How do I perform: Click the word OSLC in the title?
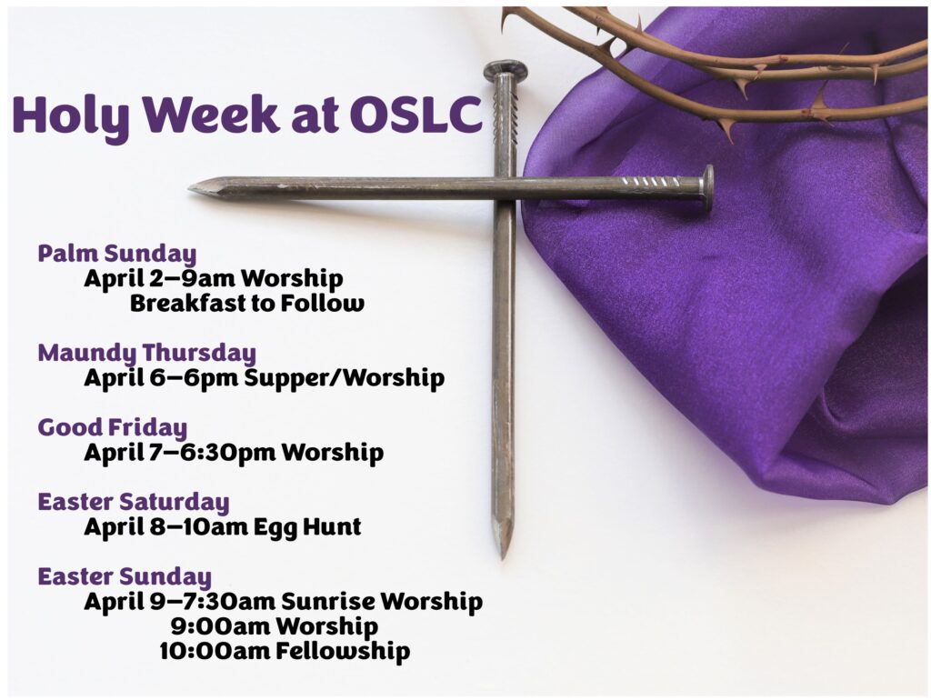click(415, 114)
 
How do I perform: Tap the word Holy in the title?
click(70, 116)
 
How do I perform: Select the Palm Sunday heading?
click(116, 254)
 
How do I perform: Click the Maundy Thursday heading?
click(146, 354)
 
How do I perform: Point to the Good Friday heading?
click(112, 427)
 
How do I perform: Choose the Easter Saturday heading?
click(133, 503)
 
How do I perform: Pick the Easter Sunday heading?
click(124, 576)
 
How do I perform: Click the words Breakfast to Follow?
click(247, 304)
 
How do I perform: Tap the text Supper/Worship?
click(345, 378)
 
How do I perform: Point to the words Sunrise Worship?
click(382, 602)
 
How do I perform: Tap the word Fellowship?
click(343, 651)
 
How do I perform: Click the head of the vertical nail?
click(506, 71)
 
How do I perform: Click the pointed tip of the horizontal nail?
click(191, 189)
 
